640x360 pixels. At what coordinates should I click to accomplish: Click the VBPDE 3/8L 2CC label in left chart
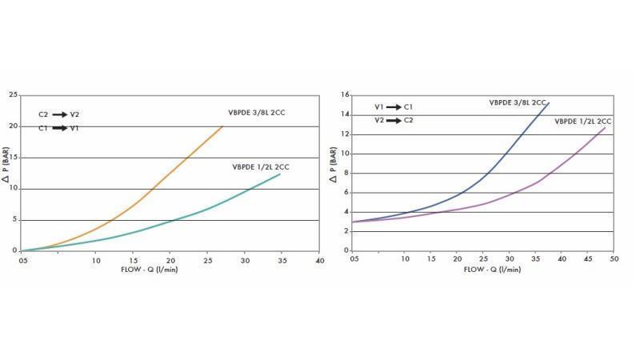257,113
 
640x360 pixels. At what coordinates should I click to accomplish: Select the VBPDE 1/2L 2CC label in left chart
261,167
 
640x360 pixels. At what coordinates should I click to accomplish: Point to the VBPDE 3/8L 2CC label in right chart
518,102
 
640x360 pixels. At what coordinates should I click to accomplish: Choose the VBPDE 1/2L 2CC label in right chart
584,121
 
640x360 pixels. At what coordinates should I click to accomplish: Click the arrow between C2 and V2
60,115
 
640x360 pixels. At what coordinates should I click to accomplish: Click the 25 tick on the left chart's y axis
13,95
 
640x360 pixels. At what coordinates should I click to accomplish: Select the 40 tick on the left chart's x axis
319,261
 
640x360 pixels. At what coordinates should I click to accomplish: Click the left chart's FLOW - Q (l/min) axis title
160,270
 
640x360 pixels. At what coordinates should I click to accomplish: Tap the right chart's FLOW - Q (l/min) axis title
492,270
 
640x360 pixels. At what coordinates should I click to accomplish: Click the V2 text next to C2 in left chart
74,115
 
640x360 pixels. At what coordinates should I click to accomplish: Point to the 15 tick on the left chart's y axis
13,158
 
